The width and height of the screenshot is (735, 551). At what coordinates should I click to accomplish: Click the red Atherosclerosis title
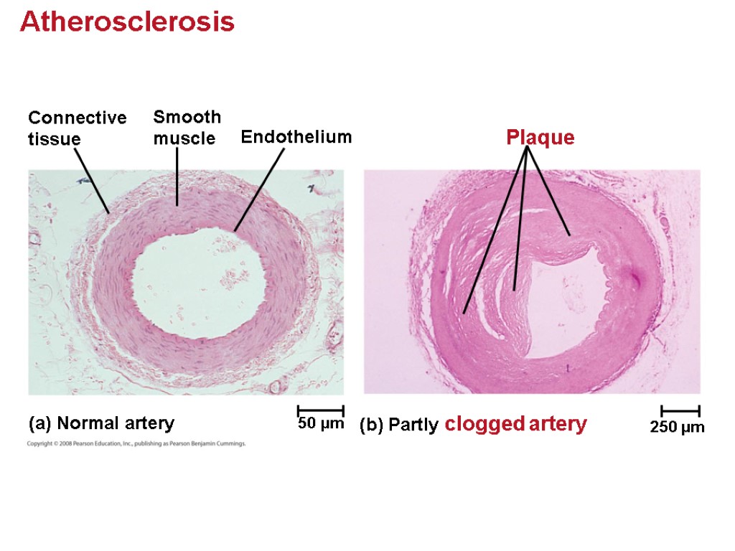pos(127,22)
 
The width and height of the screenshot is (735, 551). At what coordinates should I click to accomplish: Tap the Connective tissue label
pos(77,128)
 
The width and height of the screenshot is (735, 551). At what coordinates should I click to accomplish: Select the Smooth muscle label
pos(187,127)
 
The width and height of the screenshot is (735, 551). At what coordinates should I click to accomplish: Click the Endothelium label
pos(296,136)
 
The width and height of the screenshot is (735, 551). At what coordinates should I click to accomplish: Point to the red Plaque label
pos(540,137)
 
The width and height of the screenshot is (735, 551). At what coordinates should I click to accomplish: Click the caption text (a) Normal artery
pos(101,424)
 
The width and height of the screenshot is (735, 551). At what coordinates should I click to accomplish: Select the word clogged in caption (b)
pos(484,424)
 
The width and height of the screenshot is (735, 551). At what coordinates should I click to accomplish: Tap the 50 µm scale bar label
pos(321,425)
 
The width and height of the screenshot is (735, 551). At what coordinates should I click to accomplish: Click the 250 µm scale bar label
pos(678,428)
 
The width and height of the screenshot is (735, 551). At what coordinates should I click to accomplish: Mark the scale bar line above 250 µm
pos(680,411)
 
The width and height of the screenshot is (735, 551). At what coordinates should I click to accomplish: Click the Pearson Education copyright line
pos(136,444)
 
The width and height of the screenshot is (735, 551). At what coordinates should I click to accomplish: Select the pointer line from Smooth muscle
pos(177,176)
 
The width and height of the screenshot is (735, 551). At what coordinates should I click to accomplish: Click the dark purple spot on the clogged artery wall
pos(635,279)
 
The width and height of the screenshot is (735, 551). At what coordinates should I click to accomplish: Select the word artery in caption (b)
pos(558,424)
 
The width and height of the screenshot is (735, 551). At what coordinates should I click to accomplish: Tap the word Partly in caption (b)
pos(413,425)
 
